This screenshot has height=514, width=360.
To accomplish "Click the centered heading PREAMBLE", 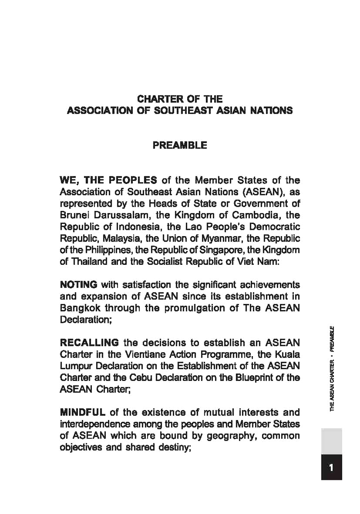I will [x=180, y=146].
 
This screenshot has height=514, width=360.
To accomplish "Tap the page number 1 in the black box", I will [x=331, y=467].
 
